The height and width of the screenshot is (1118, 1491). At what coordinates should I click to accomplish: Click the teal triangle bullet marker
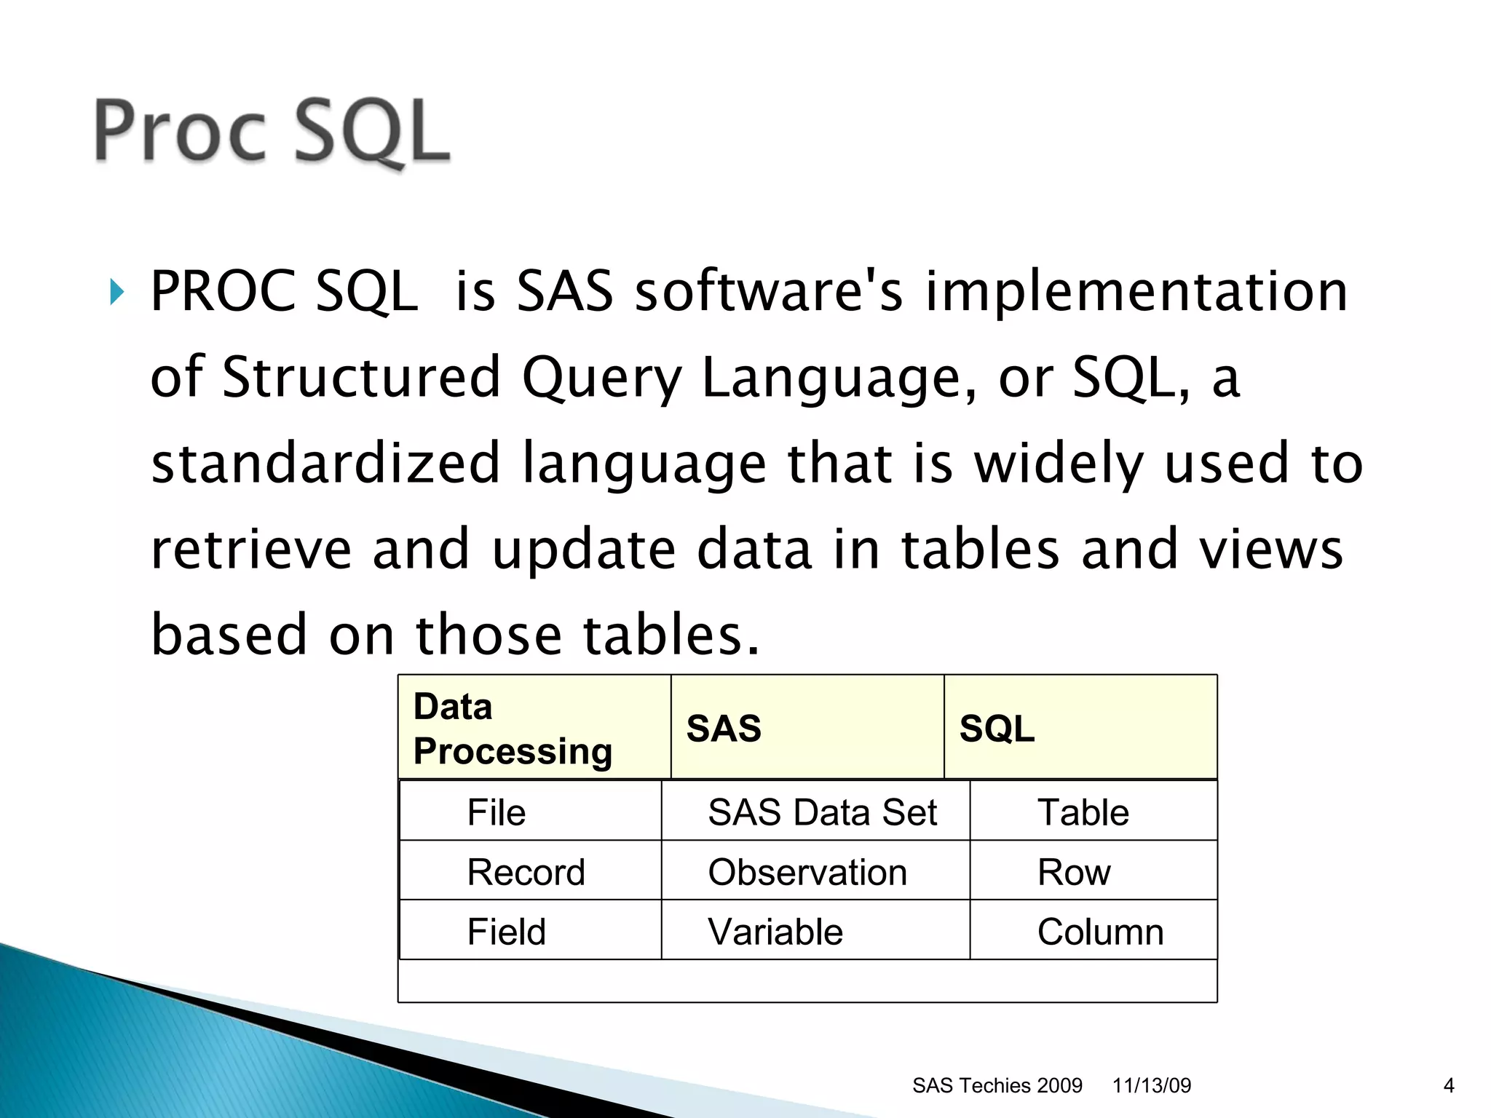[x=117, y=292]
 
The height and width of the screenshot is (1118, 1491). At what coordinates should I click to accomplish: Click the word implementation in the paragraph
[x=1136, y=292]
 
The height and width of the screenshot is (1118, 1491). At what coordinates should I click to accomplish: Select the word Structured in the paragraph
[x=361, y=377]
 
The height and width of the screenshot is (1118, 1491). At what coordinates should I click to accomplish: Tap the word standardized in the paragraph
[x=325, y=464]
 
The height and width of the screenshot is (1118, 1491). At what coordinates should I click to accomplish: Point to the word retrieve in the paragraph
[x=250, y=550]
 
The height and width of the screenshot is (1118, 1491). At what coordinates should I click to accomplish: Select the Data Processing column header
[x=513, y=729]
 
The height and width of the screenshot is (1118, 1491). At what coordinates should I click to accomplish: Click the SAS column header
[x=724, y=729]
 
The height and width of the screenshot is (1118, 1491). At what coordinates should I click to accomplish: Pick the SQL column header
[x=997, y=729]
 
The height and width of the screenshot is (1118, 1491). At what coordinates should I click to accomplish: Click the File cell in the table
[x=497, y=812]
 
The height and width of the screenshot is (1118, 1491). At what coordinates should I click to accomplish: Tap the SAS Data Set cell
[x=822, y=812]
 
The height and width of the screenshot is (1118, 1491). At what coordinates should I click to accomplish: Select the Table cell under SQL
[x=1083, y=812]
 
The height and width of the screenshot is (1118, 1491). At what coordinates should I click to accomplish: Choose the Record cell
[x=526, y=872]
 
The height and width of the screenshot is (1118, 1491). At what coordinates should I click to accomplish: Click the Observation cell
[x=807, y=872]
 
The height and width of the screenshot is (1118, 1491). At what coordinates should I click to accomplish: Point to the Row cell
[x=1074, y=872]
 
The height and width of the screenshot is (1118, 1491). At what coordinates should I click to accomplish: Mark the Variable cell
[x=775, y=932]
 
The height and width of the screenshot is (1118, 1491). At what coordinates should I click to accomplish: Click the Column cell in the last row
[x=1100, y=932]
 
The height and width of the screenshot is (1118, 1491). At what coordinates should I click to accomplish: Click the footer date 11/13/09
[x=1151, y=1085]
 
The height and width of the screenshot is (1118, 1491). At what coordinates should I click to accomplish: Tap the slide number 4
[x=1448, y=1085]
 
